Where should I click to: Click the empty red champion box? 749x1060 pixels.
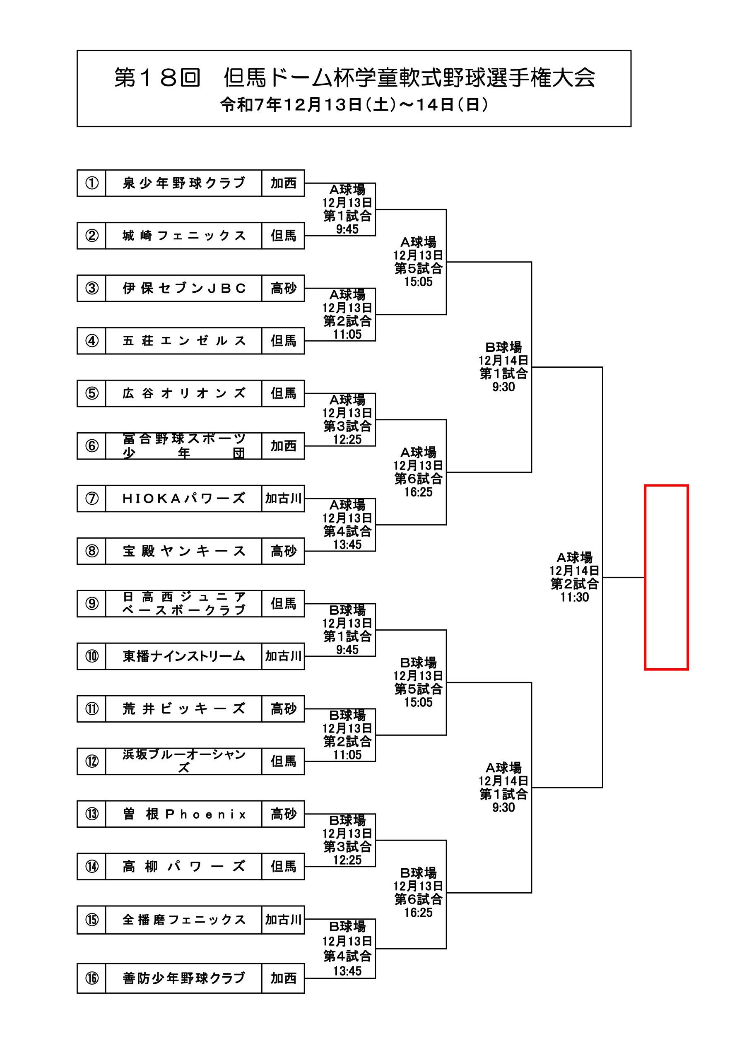tap(666, 577)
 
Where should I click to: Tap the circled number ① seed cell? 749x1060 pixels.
tap(92, 183)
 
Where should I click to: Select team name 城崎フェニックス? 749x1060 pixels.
tap(184, 236)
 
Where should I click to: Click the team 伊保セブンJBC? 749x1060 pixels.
tap(184, 289)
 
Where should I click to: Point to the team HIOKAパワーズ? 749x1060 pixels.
tap(184, 499)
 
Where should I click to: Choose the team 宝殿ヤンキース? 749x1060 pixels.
tap(184, 551)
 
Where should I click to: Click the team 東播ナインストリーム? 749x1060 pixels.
tap(184, 656)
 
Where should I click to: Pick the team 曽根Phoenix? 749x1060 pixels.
tap(184, 814)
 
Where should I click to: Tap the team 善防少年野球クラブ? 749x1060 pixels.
tap(184, 978)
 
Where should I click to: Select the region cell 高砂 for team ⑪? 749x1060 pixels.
tap(283, 708)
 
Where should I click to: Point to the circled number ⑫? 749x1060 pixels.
tap(92, 761)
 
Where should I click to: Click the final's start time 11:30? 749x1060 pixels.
tap(574, 597)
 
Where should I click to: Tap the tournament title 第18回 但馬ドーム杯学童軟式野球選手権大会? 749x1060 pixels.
tap(354, 77)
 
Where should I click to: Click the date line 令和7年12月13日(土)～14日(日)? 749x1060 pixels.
tap(354, 105)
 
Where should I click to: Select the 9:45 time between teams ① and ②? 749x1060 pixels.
tap(347, 229)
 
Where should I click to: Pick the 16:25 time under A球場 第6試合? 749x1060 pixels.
tap(418, 492)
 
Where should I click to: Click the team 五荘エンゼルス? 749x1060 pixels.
tap(184, 341)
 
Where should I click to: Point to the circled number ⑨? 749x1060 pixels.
tap(92, 603)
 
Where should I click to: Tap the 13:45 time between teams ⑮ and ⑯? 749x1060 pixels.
tap(347, 971)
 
